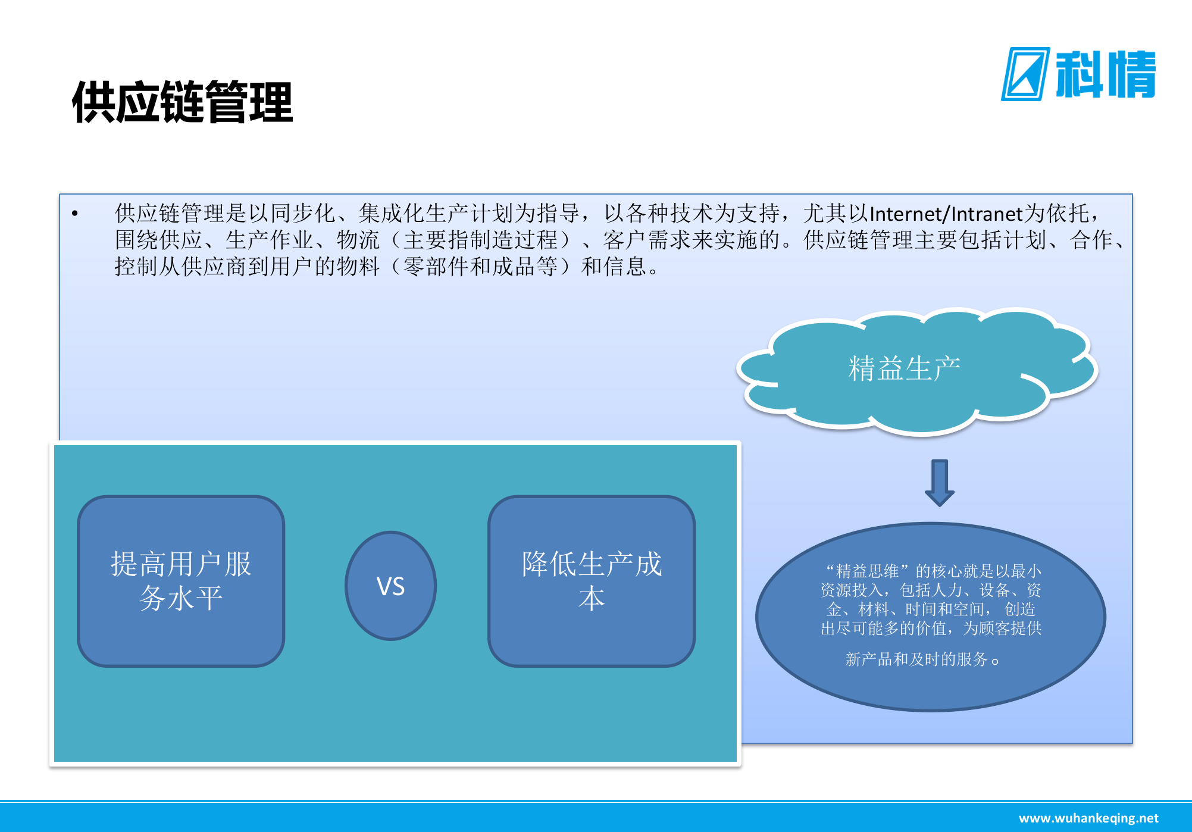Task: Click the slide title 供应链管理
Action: [x=182, y=102]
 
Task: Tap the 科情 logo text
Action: [x=1105, y=74]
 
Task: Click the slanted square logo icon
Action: [x=1025, y=74]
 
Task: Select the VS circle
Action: [x=391, y=586]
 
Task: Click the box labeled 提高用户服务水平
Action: [x=181, y=581]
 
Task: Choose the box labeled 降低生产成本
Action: [x=592, y=581]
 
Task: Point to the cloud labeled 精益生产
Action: [x=904, y=368]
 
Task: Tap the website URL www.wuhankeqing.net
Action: [x=1088, y=818]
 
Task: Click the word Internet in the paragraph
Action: [x=907, y=213]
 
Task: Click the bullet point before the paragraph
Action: [x=75, y=213]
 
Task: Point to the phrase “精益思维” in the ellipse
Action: [x=868, y=571]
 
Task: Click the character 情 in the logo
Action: [x=1131, y=74]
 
